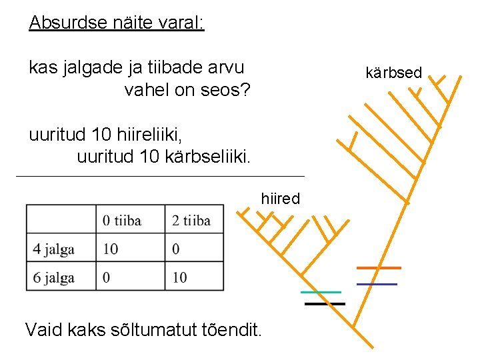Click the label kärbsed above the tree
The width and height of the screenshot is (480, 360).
tap(394, 73)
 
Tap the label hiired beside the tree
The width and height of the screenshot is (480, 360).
tap(280, 199)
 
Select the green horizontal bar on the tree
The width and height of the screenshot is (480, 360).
tap(320, 292)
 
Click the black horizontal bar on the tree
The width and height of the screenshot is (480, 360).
tap(325, 304)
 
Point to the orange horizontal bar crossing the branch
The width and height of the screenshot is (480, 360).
tap(379, 267)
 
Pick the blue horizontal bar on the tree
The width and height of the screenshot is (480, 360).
tap(377, 284)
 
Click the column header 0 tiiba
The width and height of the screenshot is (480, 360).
tap(123, 221)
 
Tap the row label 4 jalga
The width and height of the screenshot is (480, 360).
tap(53, 249)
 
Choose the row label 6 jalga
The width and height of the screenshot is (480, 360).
tap(53, 277)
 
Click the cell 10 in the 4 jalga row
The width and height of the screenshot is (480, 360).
tap(111, 249)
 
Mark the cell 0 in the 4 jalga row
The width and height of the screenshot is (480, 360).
tap(175, 249)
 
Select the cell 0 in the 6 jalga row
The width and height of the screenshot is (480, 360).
tap(107, 277)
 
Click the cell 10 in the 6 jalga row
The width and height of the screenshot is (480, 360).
tap(179, 277)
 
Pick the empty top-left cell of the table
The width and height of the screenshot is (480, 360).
tap(61, 219)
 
